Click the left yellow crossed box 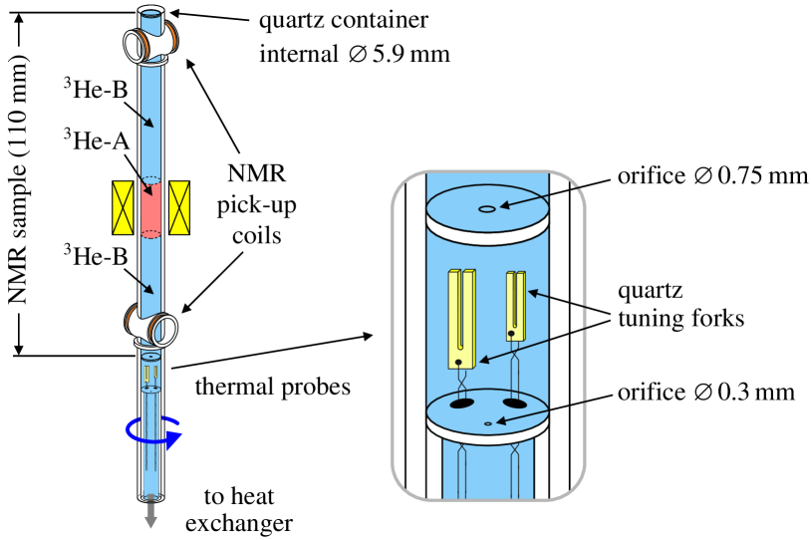(124, 208)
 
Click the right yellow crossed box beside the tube (179, 208)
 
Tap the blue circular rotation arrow (153, 432)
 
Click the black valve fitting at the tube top (150, 42)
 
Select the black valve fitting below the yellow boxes (152, 326)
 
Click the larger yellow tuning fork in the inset (461, 319)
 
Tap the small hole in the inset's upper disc (487, 209)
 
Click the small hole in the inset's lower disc (487, 424)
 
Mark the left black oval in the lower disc (461, 404)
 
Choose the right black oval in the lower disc (514, 404)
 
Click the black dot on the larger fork (458, 362)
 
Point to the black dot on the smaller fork (511, 334)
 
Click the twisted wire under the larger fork (461, 381)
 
